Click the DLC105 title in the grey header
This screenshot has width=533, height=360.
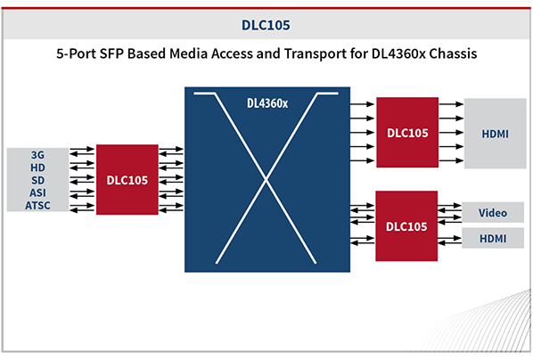pyautogui.click(x=266, y=25)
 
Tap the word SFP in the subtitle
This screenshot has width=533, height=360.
pyautogui.click(x=111, y=53)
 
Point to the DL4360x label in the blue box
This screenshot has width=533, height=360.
pyautogui.click(x=267, y=103)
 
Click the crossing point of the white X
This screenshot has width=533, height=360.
pyautogui.click(x=266, y=179)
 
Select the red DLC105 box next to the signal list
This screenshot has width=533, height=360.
pyautogui.click(x=127, y=179)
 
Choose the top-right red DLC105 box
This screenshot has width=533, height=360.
pyautogui.click(x=407, y=132)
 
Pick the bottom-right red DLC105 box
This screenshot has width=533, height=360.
pyautogui.click(x=406, y=226)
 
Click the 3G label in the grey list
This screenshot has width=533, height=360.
pyautogui.click(x=37, y=155)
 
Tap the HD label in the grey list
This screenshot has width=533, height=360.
pyautogui.click(x=37, y=168)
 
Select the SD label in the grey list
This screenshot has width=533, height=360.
pyautogui.click(x=37, y=180)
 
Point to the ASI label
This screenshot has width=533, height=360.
pyautogui.click(x=37, y=192)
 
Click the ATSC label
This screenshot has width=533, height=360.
pyautogui.click(x=37, y=205)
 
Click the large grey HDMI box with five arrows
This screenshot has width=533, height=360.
pyautogui.click(x=496, y=134)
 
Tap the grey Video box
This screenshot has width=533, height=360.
pyautogui.click(x=493, y=212)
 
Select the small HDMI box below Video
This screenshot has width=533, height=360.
pyautogui.click(x=493, y=238)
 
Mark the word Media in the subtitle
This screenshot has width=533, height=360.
pyautogui.click(x=188, y=53)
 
